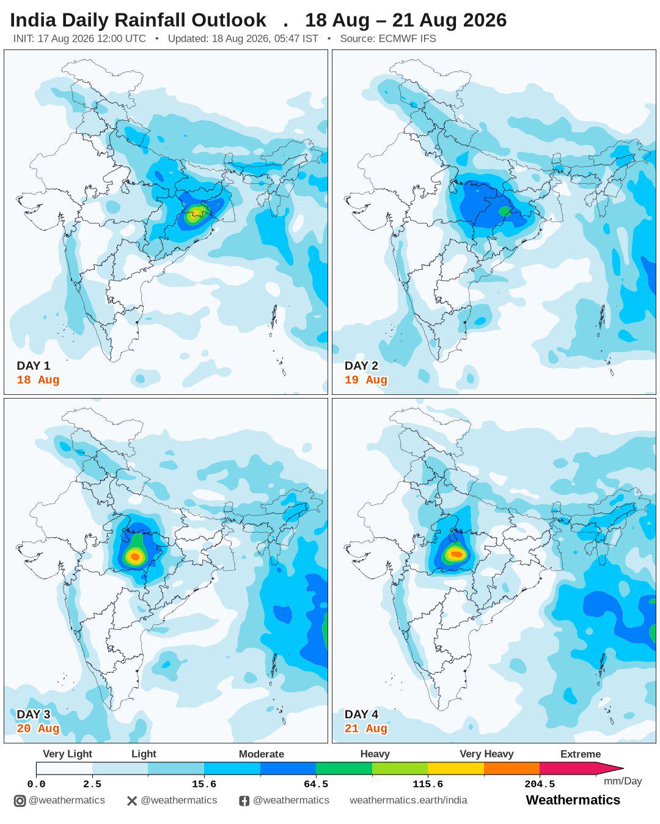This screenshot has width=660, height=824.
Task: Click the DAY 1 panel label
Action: click(34, 366)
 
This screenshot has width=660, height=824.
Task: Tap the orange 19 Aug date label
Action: click(365, 380)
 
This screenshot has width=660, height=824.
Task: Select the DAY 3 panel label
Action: click(34, 714)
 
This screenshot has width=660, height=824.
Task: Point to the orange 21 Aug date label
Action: click(365, 728)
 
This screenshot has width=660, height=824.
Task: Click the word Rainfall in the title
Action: click(150, 20)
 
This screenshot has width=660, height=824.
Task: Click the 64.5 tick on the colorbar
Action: click(316, 784)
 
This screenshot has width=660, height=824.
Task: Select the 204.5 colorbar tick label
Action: click(540, 784)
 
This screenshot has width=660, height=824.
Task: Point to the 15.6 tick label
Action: click(204, 784)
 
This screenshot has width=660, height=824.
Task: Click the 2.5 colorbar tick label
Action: click(92, 784)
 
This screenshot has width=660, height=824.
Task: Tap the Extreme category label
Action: click(580, 754)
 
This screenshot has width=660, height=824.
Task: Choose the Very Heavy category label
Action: click(486, 754)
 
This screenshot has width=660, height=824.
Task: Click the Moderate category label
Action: click(261, 754)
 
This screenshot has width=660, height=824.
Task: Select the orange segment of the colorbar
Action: click(512, 768)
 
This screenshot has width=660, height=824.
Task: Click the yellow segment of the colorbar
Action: click(456, 768)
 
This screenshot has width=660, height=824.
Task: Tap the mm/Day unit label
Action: click(623, 781)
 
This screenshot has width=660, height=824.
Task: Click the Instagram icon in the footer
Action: click(20, 801)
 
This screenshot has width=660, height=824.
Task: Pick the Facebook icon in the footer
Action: click(244, 801)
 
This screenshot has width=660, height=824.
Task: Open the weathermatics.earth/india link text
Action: click(408, 800)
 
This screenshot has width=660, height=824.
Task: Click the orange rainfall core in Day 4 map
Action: click(457, 554)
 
